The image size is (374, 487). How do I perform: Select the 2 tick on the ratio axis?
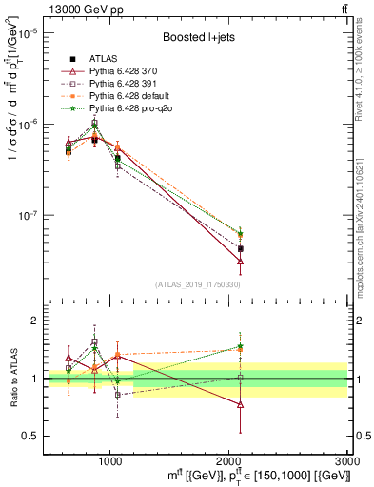(x=34, y=321)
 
